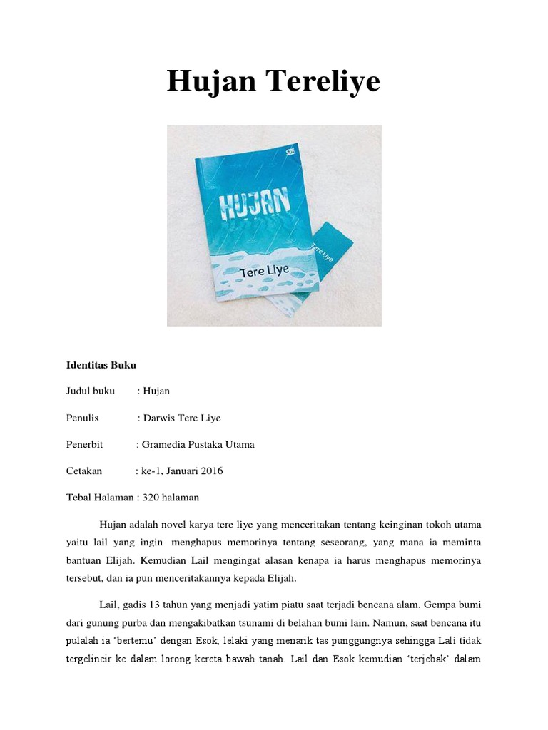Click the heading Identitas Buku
pos(101,364)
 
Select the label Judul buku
pos(91,391)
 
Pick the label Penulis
pos(83,418)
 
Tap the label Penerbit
pos(85,444)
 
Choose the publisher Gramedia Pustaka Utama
pos(198,444)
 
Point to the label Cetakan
pos(84,471)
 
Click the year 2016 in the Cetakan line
pos(211,471)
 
